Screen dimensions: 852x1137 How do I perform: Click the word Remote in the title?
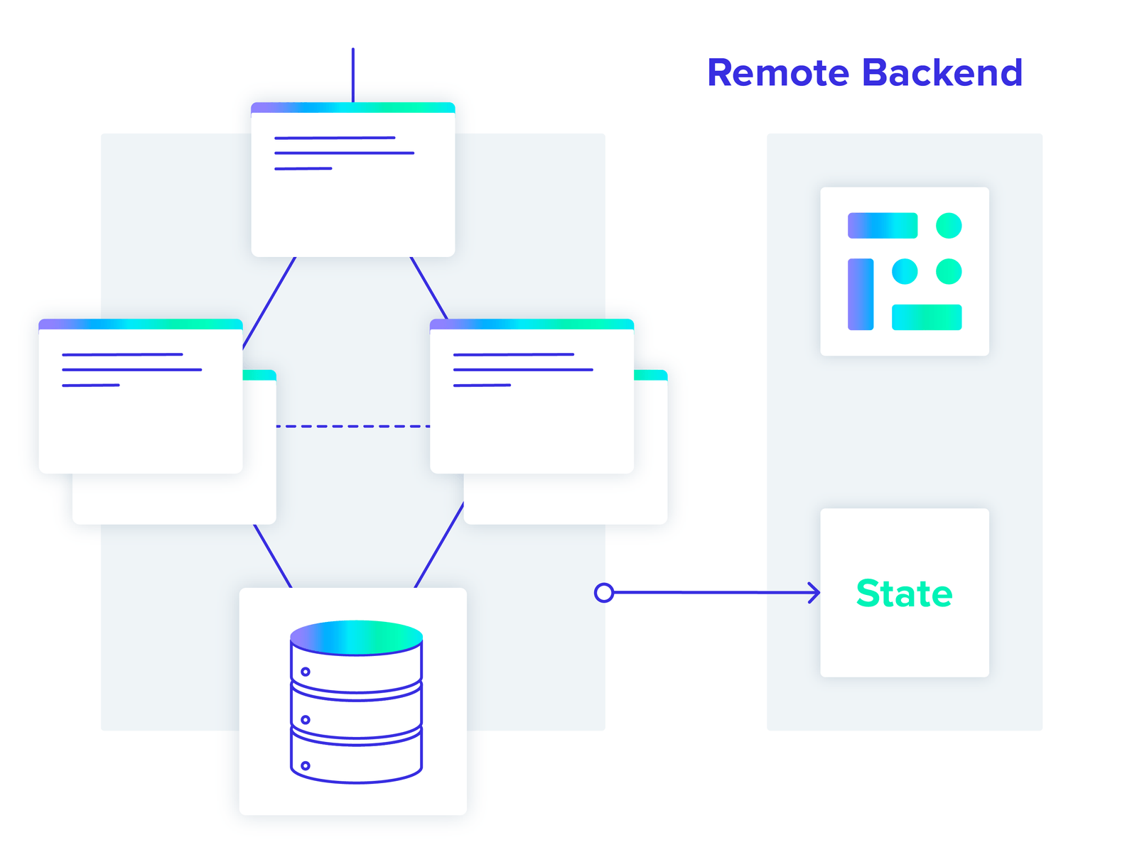point(778,73)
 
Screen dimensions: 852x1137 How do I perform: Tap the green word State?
point(904,594)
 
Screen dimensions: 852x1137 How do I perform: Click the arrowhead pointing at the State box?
point(815,592)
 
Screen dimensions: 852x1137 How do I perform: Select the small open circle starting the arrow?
point(603,592)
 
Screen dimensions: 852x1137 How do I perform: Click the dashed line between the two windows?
point(352,426)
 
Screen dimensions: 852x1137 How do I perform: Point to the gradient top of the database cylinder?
point(356,637)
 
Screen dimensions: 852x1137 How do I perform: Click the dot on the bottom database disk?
point(306,765)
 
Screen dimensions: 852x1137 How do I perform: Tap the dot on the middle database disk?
point(306,719)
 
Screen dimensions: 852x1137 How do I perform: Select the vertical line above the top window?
point(353,75)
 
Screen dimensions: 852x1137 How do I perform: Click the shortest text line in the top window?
point(303,168)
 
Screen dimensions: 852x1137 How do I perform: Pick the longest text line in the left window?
point(131,369)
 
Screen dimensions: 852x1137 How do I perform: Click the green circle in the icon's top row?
point(949,226)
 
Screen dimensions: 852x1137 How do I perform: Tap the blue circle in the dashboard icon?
point(905,271)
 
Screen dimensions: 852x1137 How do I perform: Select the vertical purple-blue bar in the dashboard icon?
point(861,294)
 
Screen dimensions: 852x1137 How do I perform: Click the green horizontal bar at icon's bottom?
point(927,317)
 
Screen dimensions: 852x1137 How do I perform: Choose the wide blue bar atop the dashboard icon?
point(883,226)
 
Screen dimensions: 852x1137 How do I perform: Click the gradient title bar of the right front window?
point(532,324)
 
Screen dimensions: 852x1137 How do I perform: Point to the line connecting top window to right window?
point(429,288)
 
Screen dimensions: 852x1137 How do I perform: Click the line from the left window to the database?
point(273,556)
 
